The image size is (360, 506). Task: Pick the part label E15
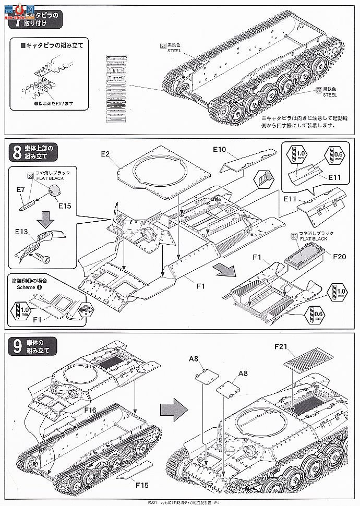(x=65, y=205)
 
